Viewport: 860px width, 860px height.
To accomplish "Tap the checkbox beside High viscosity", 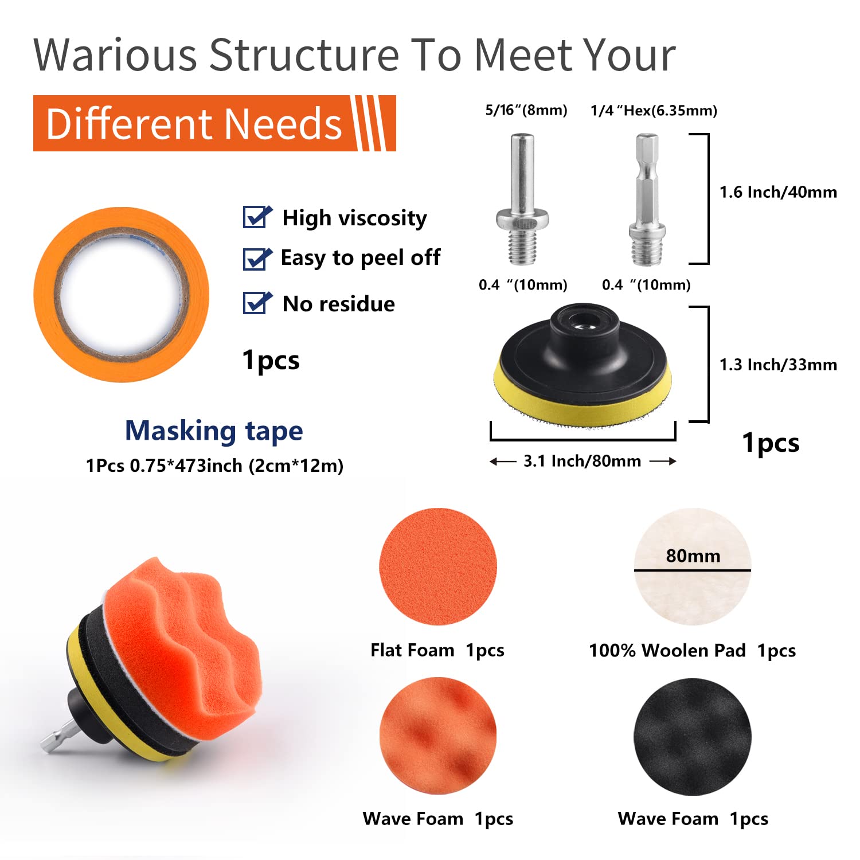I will (x=256, y=217).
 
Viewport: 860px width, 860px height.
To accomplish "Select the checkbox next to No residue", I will (x=256, y=303).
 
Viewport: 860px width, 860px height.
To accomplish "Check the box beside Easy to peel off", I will (x=256, y=259).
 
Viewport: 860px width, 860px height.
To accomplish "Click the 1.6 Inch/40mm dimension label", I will (x=778, y=192).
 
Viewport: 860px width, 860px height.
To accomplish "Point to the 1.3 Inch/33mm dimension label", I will (x=778, y=365).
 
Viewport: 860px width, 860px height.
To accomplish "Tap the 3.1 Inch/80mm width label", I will (x=582, y=461).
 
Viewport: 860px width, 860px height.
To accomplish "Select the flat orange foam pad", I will (x=438, y=566).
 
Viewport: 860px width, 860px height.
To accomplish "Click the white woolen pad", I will (x=693, y=596).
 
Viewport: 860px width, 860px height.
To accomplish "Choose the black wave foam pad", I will (x=693, y=737).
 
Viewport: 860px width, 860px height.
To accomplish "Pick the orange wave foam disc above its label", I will (x=438, y=736).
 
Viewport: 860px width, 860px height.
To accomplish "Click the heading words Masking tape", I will (x=214, y=431).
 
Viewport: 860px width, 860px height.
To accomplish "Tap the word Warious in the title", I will (x=115, y=56).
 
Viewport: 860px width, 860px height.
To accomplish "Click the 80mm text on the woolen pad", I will (x=693, y=556).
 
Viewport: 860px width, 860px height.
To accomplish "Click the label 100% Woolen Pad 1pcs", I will (x=692, y=650).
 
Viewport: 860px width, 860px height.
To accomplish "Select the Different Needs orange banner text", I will (x=194, y=124).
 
